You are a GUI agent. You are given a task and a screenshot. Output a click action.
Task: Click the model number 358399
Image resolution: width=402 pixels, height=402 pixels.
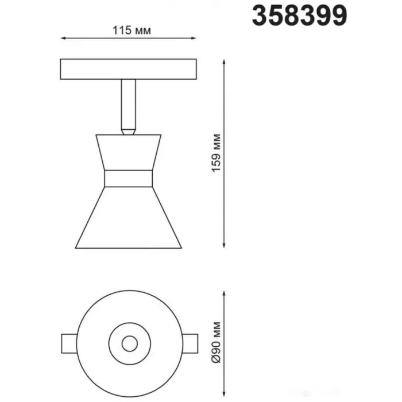coord(299,16)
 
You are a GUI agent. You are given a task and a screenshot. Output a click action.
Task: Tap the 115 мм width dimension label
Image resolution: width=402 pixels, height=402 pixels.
coord(132,30)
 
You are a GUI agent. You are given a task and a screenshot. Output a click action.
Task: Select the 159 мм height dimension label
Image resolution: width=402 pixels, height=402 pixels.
coord(217,153)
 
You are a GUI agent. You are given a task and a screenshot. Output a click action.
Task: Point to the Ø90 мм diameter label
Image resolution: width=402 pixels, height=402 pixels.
coord(217,342)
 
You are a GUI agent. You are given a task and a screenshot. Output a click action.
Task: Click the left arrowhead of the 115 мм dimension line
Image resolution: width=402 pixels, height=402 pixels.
coord(63,38)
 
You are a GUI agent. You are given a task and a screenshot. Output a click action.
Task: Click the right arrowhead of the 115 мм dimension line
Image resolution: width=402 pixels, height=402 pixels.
coord(194,38)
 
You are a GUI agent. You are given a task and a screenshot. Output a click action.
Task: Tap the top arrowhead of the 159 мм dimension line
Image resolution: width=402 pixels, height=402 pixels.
coord(224,62)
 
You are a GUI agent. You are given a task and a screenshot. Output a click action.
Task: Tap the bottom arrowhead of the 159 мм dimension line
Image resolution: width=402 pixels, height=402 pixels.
coord(224,245)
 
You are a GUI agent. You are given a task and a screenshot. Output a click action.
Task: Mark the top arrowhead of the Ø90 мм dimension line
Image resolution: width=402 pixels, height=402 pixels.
coord(224,293)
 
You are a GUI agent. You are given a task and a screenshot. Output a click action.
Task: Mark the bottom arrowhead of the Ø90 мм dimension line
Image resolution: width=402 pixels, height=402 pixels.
coord(224,394)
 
